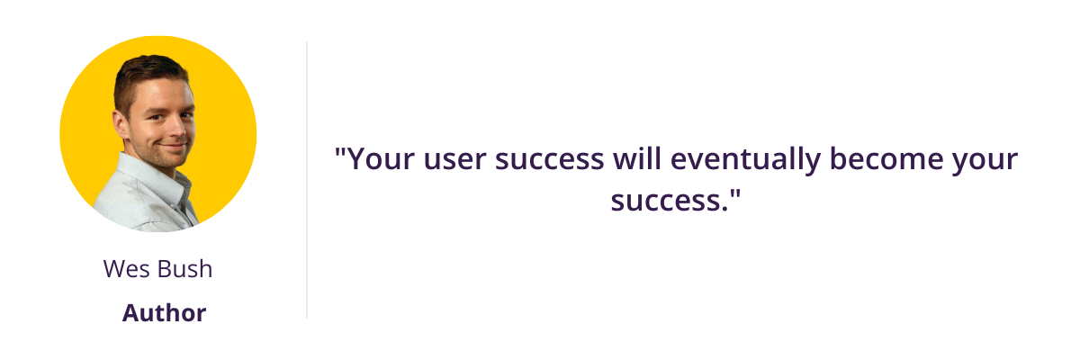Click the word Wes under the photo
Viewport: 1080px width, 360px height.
click(126, 269)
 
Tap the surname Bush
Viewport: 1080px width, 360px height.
click(185, 268)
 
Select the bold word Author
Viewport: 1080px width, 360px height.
click(164, 313)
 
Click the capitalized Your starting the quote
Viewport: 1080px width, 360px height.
click(381, 158)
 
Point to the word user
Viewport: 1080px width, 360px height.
click(454, 159)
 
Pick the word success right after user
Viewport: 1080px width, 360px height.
click(549, 159)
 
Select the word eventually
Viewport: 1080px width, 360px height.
click(745, 160)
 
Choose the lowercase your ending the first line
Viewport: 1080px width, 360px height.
click(985, 161)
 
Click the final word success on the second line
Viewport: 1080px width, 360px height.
click(669, 201)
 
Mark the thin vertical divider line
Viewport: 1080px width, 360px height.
click(307, 180)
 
